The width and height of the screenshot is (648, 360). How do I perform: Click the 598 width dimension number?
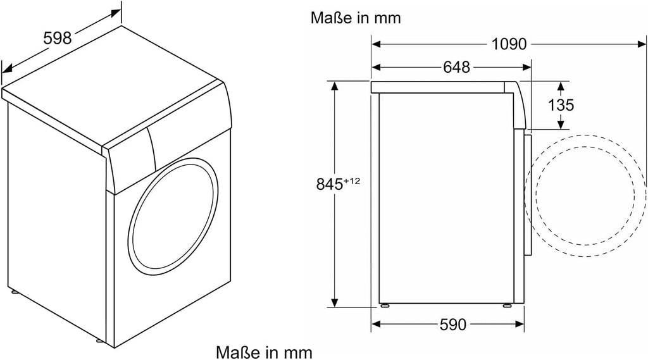click(x=58, y=38)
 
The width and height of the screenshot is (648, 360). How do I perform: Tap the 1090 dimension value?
click(x=509, y=44)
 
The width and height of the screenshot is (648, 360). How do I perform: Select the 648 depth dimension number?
click(x=457, y=67)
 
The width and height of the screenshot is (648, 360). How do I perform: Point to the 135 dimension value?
click(x=561, y=105)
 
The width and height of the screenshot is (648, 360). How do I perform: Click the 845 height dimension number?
click(x=329, y=184)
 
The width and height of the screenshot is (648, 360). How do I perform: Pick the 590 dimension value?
click(x=452, y=325)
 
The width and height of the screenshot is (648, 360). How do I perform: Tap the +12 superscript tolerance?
click(x=352, y=180)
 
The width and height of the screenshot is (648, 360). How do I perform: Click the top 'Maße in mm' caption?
click(x=356, y=18)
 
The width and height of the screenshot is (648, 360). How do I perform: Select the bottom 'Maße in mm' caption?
click(x=264, y=352)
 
